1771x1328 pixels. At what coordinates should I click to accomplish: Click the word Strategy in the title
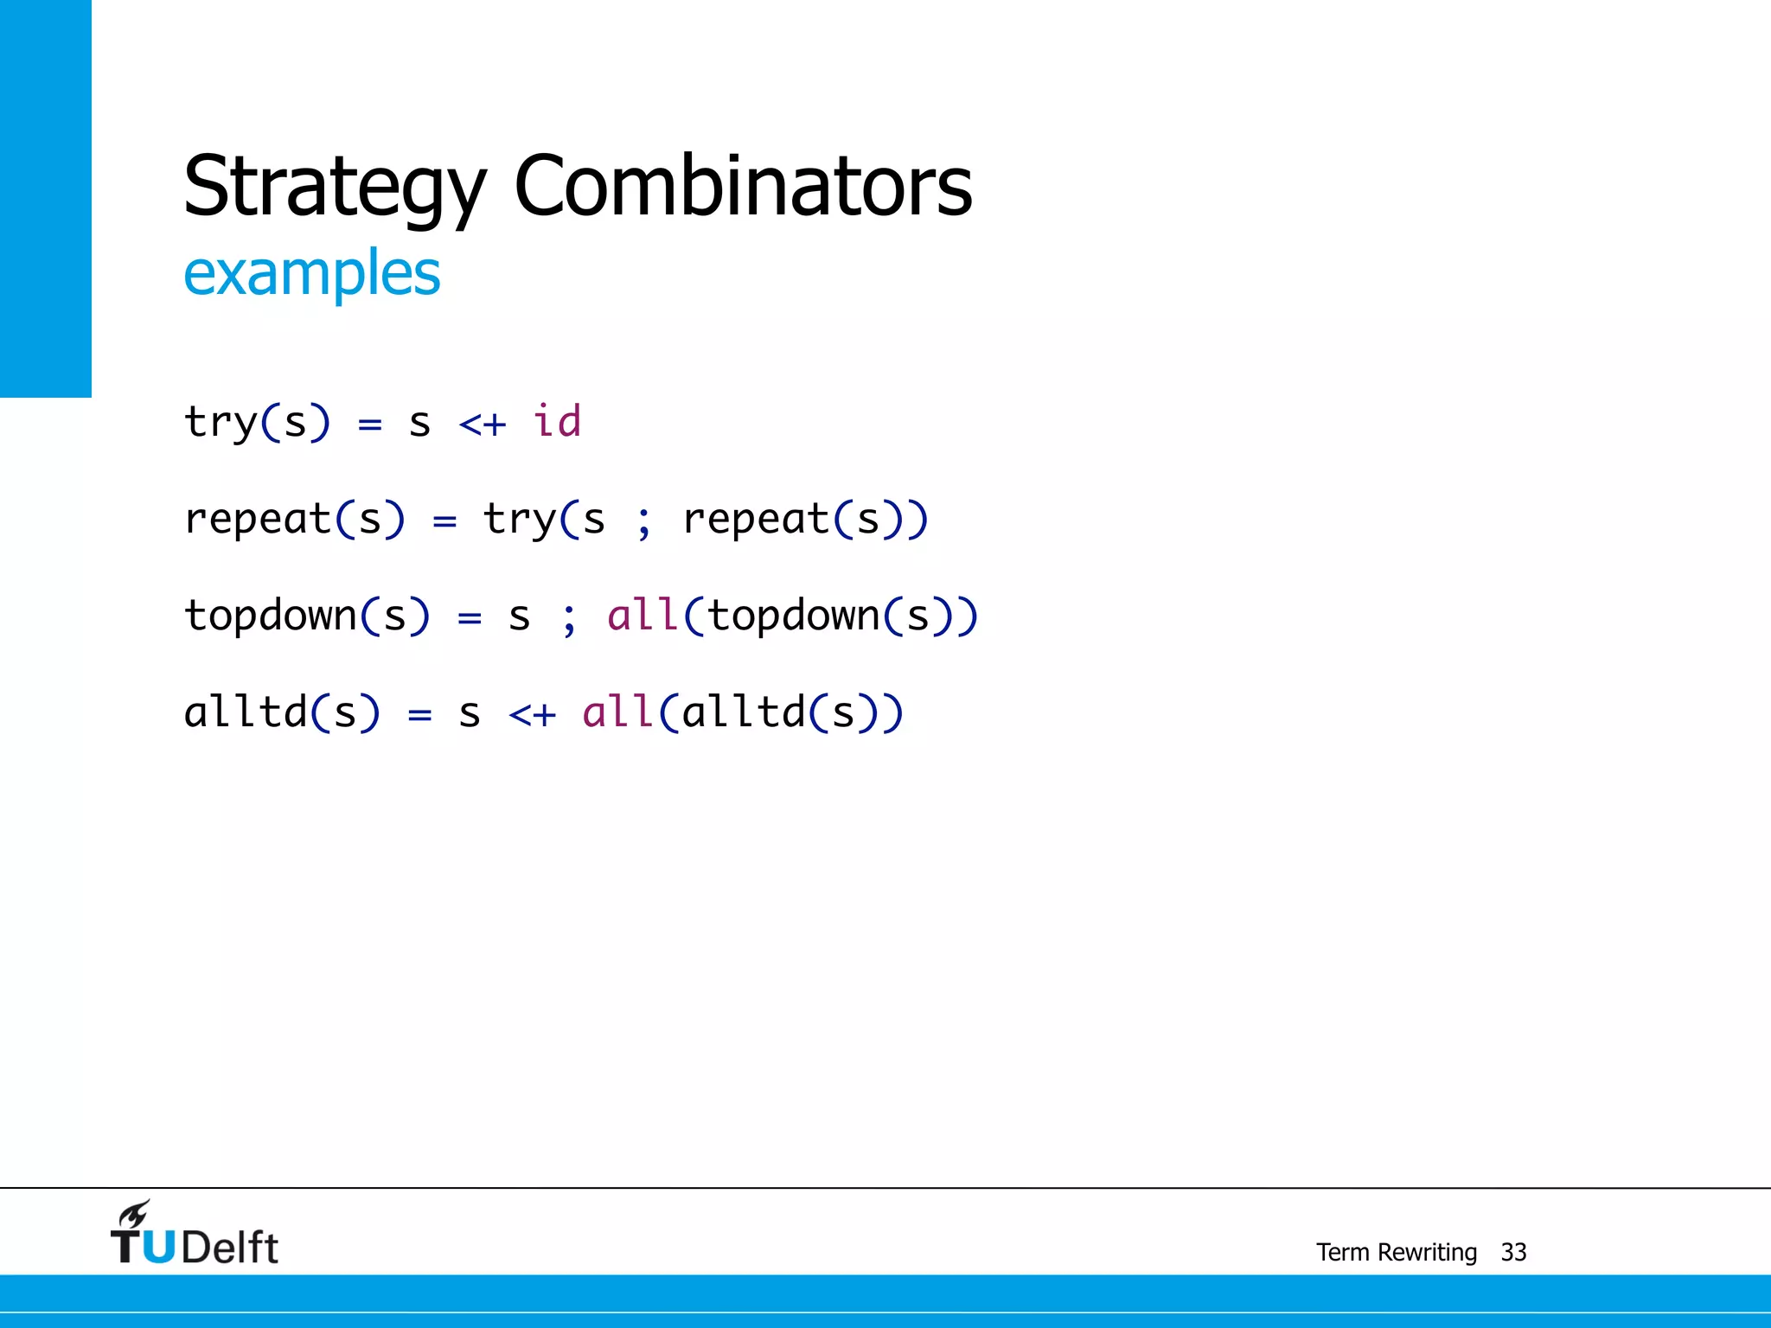pyautogui.click(x=336, y=186)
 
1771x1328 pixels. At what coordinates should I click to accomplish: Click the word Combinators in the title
pyautogui.click(x=743, y=186)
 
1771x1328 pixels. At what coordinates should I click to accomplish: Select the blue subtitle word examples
pyautogui.click(x=312, y=273)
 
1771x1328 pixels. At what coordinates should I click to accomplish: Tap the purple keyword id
pyautogui.click(x=557, y=422)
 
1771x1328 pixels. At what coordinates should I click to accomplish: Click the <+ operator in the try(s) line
pyautogui.click(x=483, y=425)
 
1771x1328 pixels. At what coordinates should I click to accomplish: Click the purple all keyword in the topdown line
pyautogui.click(x=643, y=616)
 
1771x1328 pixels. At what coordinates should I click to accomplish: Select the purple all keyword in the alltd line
pyautogui.click(x=617, y=712)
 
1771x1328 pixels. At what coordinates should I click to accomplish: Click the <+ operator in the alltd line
pyautogui.click(x=532, y=715)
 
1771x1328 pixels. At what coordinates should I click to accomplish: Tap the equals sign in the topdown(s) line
pyautogui.click(x=469, y=618)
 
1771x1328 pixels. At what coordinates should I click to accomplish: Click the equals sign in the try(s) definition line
pyautogui.click(x=370, y=425)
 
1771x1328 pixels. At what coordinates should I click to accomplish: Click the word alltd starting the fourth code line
pyautogui.click(x=246, y=712)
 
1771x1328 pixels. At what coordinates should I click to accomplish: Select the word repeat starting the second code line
pyautogui.click(x=259, y=520)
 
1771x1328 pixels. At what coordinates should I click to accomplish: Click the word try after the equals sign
pyautogui.click(x=520, y=520)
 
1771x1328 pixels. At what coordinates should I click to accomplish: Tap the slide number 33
pyautogui.click(x=1513, y=1252)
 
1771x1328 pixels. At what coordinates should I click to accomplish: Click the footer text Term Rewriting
pyautogui.click(x=1397, y=1252)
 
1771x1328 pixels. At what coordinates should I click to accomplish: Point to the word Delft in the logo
pyautogui.click(x=230, y=1248)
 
